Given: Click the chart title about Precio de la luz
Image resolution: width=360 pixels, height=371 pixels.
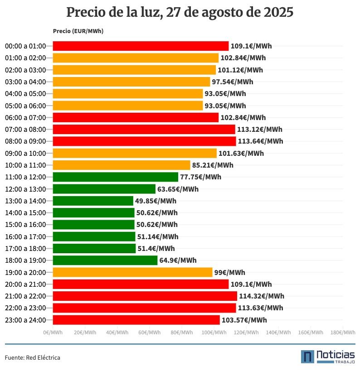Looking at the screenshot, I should click(180, 12).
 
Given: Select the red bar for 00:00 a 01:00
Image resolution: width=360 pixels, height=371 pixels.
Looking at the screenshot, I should click(141, 46).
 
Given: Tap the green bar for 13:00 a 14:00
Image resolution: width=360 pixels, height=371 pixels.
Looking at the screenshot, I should click(93, 201).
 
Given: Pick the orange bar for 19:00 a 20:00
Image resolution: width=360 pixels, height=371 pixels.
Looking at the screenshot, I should click(132, 272).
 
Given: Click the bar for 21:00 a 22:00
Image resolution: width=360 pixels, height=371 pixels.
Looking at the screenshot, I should click(145, 296).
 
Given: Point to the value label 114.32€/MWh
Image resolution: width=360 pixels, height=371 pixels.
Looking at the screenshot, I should click(262, 296).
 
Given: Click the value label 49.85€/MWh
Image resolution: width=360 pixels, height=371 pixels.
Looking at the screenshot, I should click(156, 201).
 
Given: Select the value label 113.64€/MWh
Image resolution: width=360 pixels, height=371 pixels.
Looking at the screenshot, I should click(260, 141).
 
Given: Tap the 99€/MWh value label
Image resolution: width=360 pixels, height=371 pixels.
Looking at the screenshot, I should click(229, 272).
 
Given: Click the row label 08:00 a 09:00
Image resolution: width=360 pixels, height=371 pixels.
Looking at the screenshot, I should click(25, 141).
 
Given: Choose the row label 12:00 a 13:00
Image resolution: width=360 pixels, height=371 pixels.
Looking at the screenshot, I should click(25, 189).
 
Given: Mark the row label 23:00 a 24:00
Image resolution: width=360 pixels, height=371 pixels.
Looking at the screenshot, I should click(25, 320).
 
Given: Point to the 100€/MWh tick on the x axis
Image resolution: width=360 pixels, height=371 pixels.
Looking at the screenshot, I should click(214, 332).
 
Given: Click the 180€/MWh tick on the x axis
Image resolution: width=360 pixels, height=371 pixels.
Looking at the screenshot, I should click(343, 332).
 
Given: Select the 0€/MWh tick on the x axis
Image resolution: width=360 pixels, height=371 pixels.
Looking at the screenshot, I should click(53, 332).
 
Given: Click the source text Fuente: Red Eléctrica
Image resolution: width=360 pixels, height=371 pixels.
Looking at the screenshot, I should click(33, 358).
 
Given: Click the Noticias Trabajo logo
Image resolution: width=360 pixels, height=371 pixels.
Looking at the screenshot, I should click(328, 357).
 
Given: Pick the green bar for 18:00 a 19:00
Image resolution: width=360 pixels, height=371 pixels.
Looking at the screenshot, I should click(105, 260).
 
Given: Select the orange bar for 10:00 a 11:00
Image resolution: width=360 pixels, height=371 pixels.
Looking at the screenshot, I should click(122, 165).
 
